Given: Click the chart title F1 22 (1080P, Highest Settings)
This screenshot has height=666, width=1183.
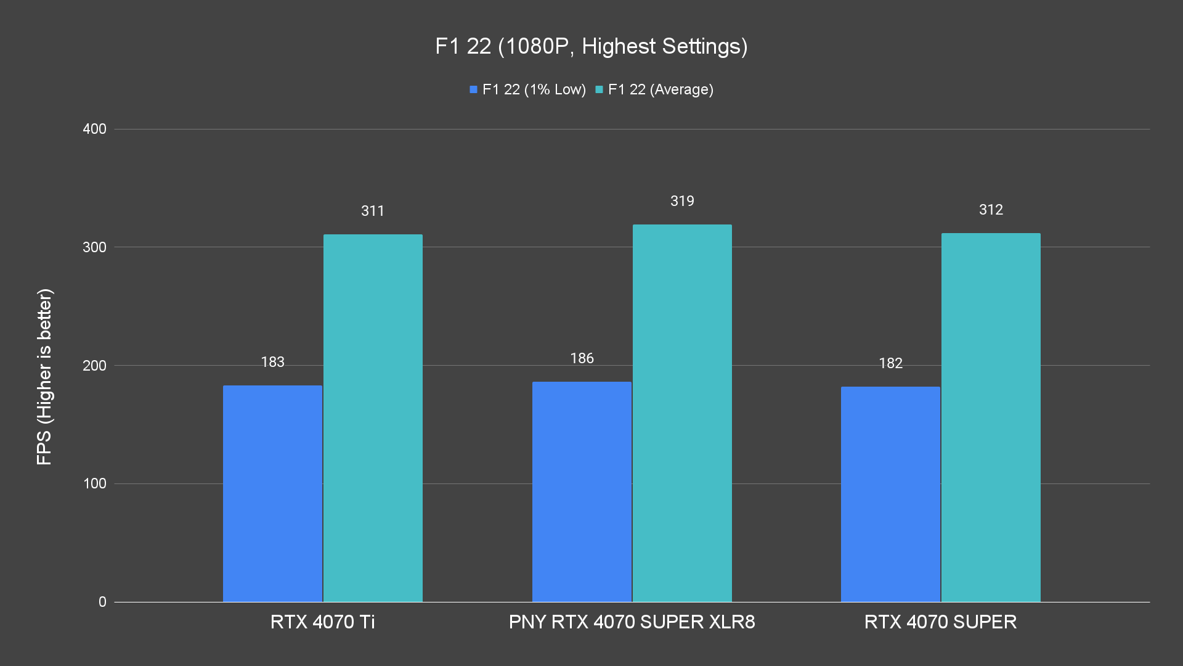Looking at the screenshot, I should pos(591,46).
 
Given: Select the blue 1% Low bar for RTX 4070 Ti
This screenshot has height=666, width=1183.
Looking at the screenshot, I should pos(272,493).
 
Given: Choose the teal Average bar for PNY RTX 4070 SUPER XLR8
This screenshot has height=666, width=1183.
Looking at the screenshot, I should pos(682,413).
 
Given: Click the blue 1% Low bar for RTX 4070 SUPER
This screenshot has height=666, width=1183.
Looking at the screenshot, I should pos(890,494).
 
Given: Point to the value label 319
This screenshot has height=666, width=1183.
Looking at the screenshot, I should pos(682,201).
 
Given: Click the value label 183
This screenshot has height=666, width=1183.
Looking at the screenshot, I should pos(272,362).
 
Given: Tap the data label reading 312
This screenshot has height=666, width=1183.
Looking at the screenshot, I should pos(991,210).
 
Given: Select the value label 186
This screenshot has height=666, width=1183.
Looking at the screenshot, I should pos(582,358).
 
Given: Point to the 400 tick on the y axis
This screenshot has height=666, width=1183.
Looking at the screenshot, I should pos(94,129).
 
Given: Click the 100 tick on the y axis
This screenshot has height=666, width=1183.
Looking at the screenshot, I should pos(94,483).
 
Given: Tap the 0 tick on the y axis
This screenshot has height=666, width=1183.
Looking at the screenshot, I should pos(102,602).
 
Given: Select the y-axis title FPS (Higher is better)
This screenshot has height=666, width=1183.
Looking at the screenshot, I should pos(44,376).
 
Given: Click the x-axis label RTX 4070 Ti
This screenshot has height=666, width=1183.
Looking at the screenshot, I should pos(322,622).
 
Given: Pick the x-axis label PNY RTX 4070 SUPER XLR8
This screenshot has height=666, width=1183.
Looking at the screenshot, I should pos(632,622).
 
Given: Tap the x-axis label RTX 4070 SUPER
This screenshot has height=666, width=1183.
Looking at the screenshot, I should pos(940,622).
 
